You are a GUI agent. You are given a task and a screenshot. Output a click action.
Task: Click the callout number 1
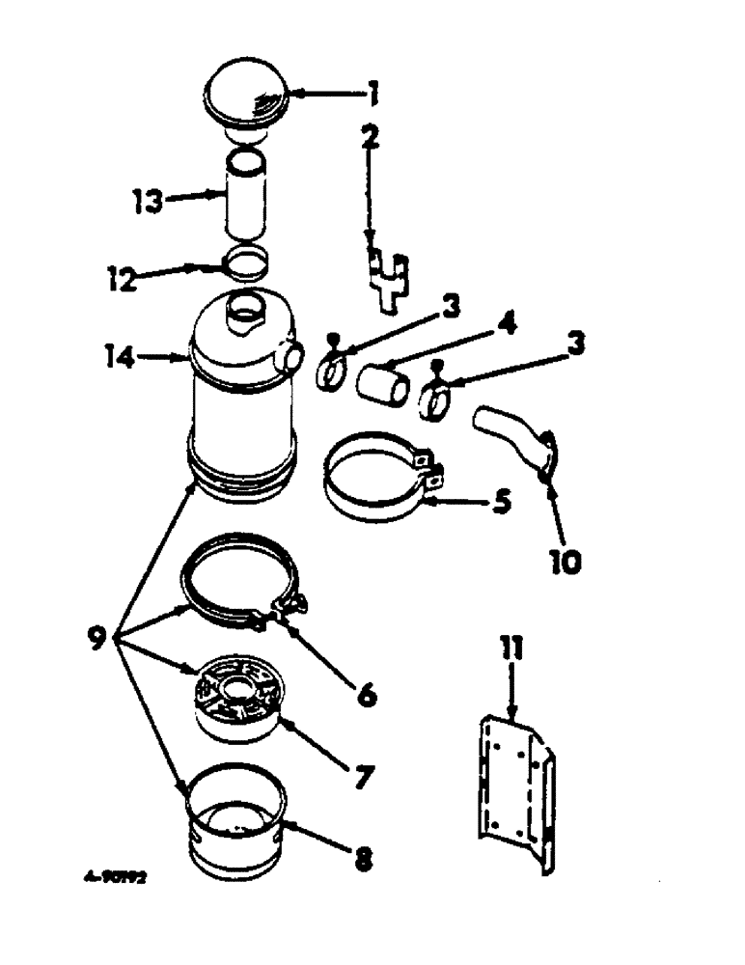pos(372,95)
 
